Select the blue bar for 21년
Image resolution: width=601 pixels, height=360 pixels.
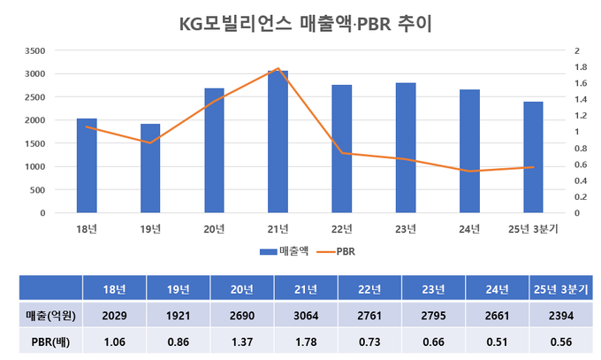tap(278, 142)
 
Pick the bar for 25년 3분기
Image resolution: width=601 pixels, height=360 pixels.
tap(533, 157)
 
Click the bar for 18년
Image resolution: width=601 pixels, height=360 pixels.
tap(87, 165)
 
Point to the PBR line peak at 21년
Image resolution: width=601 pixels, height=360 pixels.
tap(278, 68)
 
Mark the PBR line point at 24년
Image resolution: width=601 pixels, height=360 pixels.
tap(469, 172)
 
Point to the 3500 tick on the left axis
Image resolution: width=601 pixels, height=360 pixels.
tap(35, 50)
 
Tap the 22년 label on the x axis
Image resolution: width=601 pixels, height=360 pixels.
tap(341, 229)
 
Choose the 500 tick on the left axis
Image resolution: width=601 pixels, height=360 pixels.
tap(39, 189)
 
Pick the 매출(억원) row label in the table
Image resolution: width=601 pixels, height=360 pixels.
tap(50, 314)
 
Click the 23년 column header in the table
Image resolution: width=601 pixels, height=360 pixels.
tap(433, 288)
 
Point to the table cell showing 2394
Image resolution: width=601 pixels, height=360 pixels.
tap(562, 314)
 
